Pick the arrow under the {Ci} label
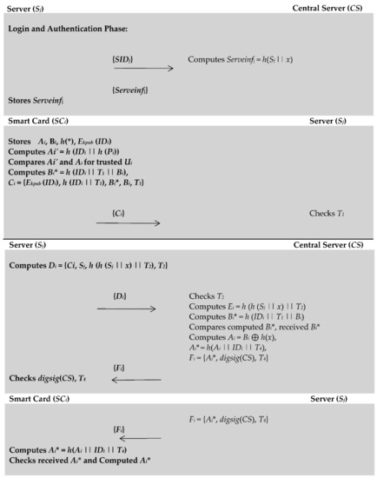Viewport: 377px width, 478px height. [x=128, y=223]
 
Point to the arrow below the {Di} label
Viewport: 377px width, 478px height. [x=129, y=309]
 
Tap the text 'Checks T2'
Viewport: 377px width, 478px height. [x=207, y=296]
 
